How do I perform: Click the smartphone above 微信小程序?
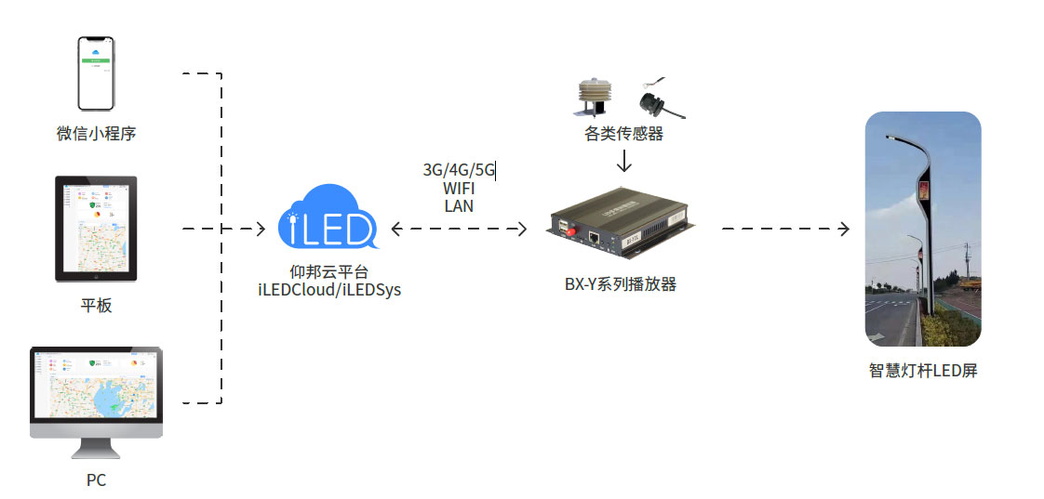click(x=95, y=73)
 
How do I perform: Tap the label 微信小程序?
click(x=96, y=134)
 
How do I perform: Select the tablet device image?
click(x=96, y=229)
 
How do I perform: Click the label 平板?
click(x=96, y=305)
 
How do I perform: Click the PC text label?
click(x=96, y=480)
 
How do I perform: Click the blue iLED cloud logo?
click(x=328, y=219)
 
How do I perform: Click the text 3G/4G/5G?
click(x=459, y=170)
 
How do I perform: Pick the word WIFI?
click(x=459, y=189)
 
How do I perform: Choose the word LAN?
click(x=459, y=206)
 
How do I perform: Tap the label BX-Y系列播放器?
click(x=621, y=284)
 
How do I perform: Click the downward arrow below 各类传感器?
click(x=624, y=161)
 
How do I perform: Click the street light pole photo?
click(x=922, y=229)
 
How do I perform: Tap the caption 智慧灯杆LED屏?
click(x=922, y=371)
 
